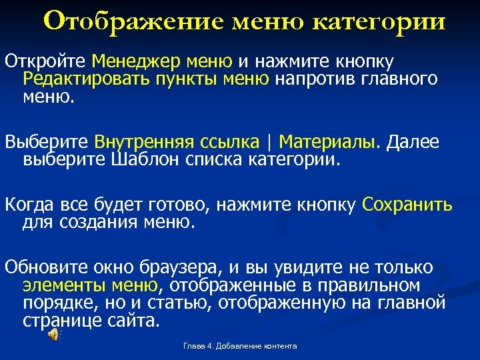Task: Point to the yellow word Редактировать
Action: pos(87,80)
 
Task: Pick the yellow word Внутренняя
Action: pos(143,142)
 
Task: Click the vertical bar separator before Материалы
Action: pos(269,142)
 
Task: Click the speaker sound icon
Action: pos(53,336)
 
